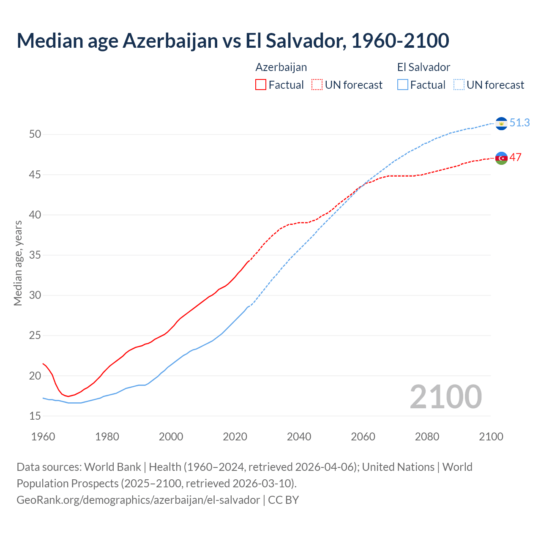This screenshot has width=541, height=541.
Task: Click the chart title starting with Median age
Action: click(232, 41)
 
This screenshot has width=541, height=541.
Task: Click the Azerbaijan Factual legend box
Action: click(261, 85)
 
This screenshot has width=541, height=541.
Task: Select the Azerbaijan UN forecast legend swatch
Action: click(317, 85)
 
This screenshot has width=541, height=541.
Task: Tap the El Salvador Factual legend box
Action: click(403, 85)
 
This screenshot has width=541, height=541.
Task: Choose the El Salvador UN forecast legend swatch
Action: click(459, 85)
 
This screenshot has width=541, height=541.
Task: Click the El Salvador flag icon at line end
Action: click(501, 123)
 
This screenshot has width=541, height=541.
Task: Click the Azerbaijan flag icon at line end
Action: click(501, 158)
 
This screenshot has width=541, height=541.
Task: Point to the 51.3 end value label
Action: click(519, 123)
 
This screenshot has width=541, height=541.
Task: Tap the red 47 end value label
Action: click(515, 157)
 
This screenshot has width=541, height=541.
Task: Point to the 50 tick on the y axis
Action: click(35, 134)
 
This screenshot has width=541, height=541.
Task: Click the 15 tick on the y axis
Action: click(35, 416)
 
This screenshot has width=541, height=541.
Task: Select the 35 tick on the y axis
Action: click(35, 255)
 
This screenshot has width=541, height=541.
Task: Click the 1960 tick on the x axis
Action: click(43, 437)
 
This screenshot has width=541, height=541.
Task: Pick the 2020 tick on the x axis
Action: click(235, 437)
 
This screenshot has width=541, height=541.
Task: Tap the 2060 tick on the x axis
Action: click(363, 437)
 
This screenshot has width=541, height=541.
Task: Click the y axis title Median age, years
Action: click(18, 263)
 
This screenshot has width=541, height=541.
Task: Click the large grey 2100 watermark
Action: click(445, 396)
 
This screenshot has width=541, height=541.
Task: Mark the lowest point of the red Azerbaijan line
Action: click(68, 396)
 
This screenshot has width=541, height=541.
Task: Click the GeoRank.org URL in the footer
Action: click(138, 500)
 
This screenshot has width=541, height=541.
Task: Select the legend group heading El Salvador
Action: click(424, 67)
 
